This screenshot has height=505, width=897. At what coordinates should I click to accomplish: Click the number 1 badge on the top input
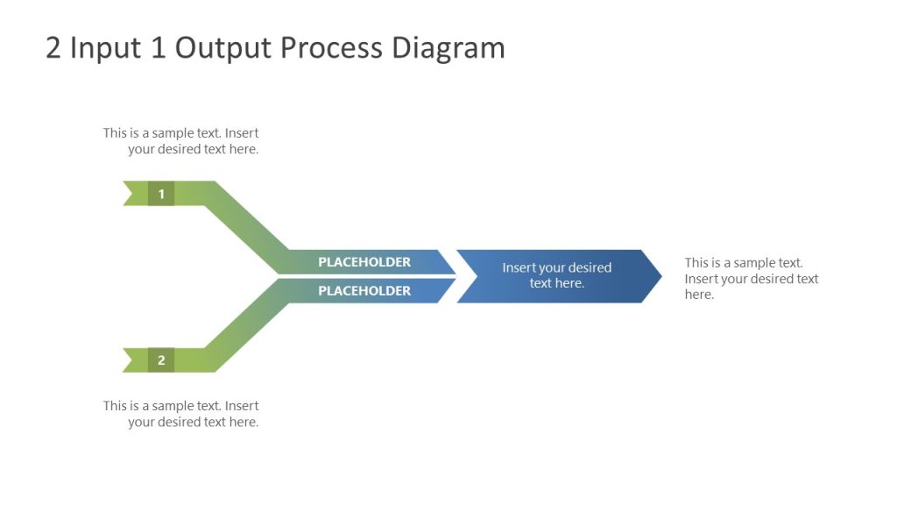coord(161,194)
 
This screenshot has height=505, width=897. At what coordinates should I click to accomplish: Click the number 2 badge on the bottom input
coord(161,359)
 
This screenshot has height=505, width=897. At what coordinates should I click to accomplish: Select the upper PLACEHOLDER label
coord(364,262)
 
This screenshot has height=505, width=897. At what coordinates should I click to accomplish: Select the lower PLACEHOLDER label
coord(364,291)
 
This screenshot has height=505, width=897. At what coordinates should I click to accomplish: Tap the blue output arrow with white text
coord(557,276)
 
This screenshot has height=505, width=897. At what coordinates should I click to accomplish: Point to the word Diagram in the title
coord(448,48)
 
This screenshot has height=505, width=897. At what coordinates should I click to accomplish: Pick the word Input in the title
coord(106,48)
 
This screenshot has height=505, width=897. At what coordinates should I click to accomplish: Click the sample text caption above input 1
coord(181,141)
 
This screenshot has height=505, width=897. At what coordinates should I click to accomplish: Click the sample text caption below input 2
coord(181,414)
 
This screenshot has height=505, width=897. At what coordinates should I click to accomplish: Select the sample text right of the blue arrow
coord(751,279)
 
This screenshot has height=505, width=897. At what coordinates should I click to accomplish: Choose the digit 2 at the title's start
coord(53,48)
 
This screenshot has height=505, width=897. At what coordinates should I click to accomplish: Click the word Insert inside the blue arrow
coord(519,268)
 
